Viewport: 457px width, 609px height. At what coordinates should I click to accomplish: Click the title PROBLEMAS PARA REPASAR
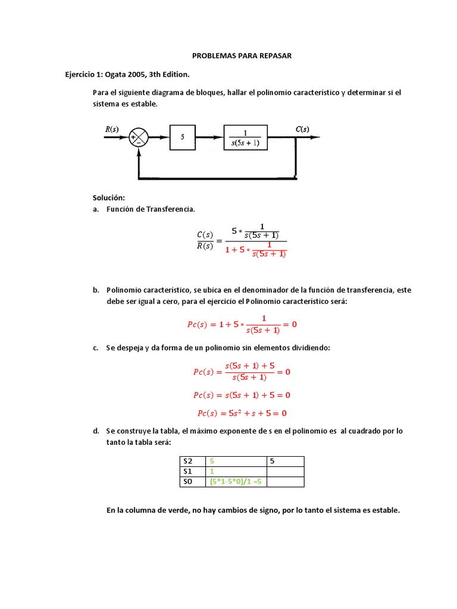tap(242, 56)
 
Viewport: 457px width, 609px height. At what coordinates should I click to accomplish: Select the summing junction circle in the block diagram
tap(138, 137)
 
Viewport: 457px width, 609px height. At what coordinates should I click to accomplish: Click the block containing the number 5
tap(183, 137)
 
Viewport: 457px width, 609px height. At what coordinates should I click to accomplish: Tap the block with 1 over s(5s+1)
tap(246, 137)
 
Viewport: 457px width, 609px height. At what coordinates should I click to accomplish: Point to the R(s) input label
tap(112, 129)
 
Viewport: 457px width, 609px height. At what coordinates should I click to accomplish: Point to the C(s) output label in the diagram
tap(302, 129)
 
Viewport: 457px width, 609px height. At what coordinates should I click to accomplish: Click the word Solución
tap(108, 197)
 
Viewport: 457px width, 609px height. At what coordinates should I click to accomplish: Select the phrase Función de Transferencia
tap(150, 209)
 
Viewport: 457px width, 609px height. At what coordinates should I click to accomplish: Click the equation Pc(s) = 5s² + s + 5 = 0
tap(242, 413)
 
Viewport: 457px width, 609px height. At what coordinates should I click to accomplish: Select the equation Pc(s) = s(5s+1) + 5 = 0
tap(242, 395)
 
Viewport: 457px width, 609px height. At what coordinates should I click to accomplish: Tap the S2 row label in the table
tap(188, 461)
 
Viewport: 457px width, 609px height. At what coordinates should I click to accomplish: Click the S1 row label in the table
tap(188, 471)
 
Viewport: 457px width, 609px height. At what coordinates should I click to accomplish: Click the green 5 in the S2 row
tap(211, 461)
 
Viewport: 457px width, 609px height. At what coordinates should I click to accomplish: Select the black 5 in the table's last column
tap(272, 461)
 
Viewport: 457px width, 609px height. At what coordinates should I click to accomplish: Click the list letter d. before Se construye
tap(95, 431)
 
